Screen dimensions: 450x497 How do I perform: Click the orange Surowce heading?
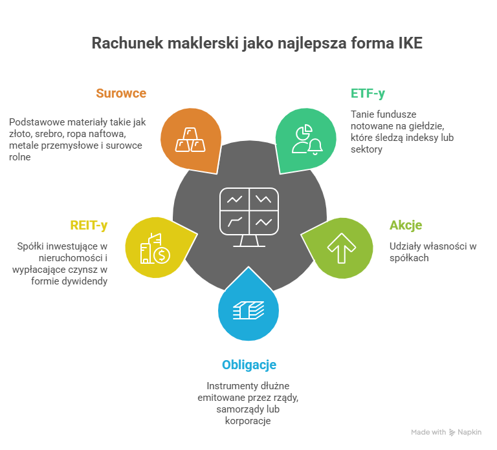point(121,93)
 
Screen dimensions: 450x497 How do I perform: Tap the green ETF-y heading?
point(368,93)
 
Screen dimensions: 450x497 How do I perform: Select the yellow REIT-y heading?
point(89,225)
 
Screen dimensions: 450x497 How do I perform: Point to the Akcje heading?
point(406,225)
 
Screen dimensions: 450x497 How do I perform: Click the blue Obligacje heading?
point(249,365)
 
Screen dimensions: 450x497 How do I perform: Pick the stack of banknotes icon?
point(249,310)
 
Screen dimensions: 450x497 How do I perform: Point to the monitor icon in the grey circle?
point(249,217)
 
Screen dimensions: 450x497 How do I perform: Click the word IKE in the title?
point(408,44)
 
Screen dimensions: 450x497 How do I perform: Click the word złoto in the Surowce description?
point(19,133)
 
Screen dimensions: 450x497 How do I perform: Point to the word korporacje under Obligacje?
point(249,421)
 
